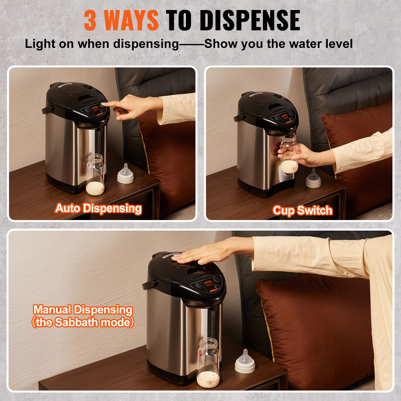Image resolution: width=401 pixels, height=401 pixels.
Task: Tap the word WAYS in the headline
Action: [131, 21]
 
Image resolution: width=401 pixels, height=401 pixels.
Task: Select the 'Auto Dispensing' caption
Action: [98, 208]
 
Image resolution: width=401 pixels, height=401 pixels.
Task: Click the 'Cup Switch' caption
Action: [303, 210]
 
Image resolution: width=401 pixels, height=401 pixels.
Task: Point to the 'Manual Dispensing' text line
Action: [83, 310]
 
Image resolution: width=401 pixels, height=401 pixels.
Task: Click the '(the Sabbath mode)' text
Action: [83, 322]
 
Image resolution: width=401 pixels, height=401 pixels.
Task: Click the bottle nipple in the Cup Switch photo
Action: [313, 178]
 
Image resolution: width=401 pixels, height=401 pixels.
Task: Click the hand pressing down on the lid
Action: [200, 256]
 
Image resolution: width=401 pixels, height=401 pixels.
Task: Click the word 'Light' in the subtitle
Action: [40, 44]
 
